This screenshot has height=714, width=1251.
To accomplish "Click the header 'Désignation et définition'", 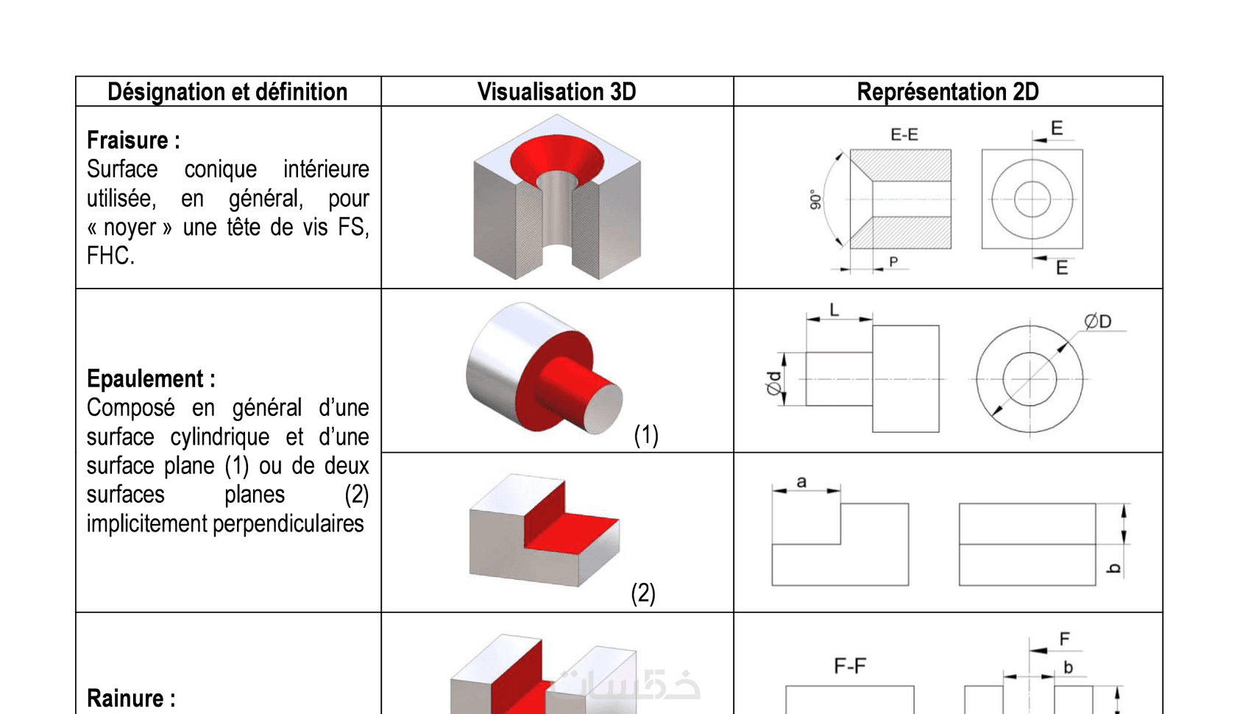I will tap(227, 92).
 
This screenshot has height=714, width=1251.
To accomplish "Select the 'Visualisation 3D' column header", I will tap(556, 92).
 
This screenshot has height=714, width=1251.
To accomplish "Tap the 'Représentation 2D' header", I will tap(947, 92).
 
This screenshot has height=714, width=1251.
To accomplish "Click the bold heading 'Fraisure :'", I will tap(133, 140).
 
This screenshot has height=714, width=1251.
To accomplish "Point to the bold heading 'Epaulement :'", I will tap(151, 378).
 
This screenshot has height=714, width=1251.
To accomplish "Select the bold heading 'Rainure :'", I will tap(131, 697).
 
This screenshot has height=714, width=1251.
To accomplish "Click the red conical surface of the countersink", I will tap(556, 152).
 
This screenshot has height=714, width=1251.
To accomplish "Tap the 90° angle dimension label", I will tap(815, 200).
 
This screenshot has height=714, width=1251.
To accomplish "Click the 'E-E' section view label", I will tap(904, 135).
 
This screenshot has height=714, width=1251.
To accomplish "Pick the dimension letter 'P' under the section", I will tap(893, 261).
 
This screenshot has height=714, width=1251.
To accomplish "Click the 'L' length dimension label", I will tap(834, 310).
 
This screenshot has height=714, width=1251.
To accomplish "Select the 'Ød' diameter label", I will tap(773, 383).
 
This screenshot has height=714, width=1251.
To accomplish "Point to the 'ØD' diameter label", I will tap(1097, 321).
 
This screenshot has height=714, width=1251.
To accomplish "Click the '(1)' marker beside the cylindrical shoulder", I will tap(646, 435).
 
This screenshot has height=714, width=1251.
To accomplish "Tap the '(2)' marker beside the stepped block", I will tap(643, 593).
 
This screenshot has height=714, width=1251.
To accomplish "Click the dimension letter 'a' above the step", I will tap(801, 481).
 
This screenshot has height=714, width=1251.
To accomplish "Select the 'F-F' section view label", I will tap(850, 665).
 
